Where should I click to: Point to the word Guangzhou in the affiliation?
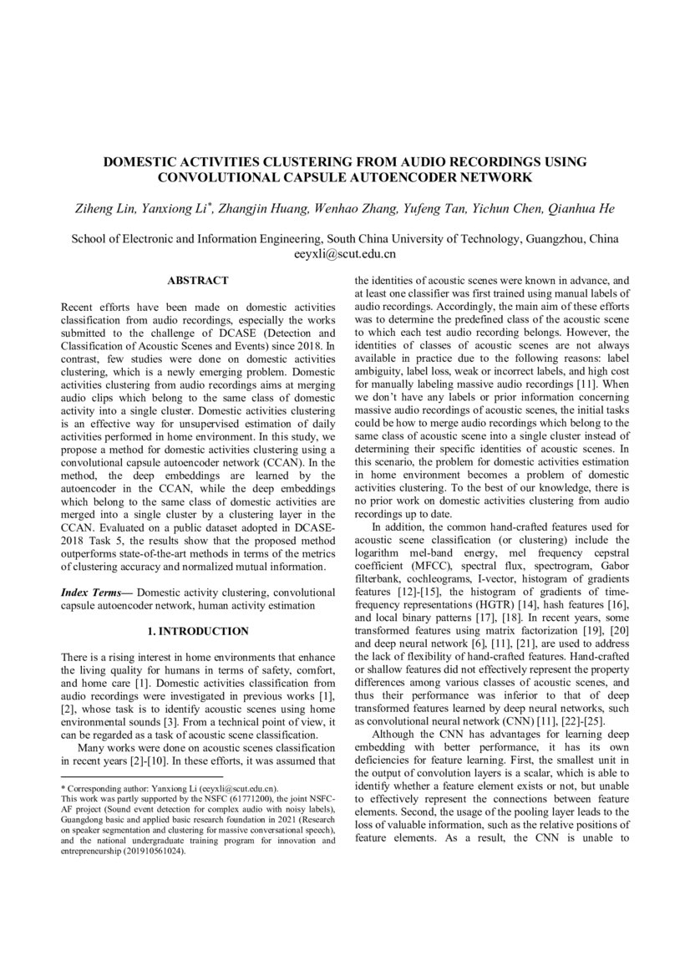(553, 238)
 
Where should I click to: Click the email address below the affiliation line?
(345, 252)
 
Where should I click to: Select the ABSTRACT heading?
(198, 281)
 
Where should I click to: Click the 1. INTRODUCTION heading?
(198, 630)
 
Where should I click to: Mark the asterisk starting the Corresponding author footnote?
(64, 788)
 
